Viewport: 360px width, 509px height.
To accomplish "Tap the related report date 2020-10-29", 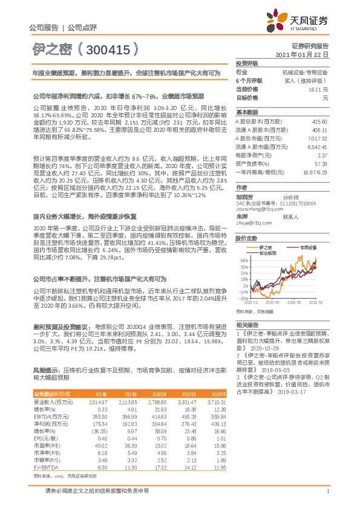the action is [261, 348].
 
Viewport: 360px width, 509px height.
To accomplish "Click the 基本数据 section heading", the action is [246, 112].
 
